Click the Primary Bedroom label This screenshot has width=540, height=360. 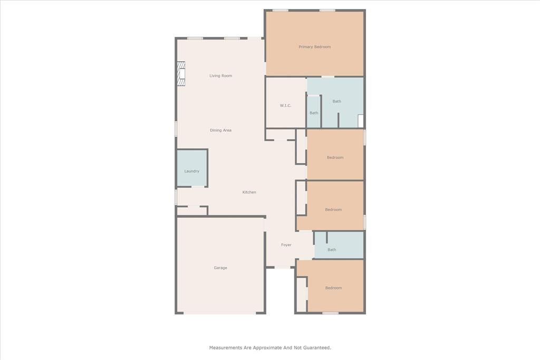314,47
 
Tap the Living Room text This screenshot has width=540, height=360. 220,76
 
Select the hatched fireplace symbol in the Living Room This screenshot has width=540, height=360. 181,74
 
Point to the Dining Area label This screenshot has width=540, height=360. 220,130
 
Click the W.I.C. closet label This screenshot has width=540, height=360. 285,105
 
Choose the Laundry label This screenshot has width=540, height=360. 191,171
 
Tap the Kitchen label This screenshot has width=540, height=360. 249,192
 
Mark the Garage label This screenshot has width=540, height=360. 220,268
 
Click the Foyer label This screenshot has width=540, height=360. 286,245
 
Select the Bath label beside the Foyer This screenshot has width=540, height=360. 332,250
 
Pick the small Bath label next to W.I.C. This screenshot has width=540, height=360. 314,113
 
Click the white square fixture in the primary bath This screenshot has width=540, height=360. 361,121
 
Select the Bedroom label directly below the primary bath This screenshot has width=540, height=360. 335,158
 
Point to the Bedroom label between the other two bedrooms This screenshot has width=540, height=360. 333,210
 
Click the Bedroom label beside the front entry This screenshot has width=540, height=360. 333,288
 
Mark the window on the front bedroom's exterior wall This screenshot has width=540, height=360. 330,313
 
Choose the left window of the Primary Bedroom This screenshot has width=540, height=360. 280,10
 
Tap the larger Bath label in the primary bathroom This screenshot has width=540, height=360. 336,101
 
